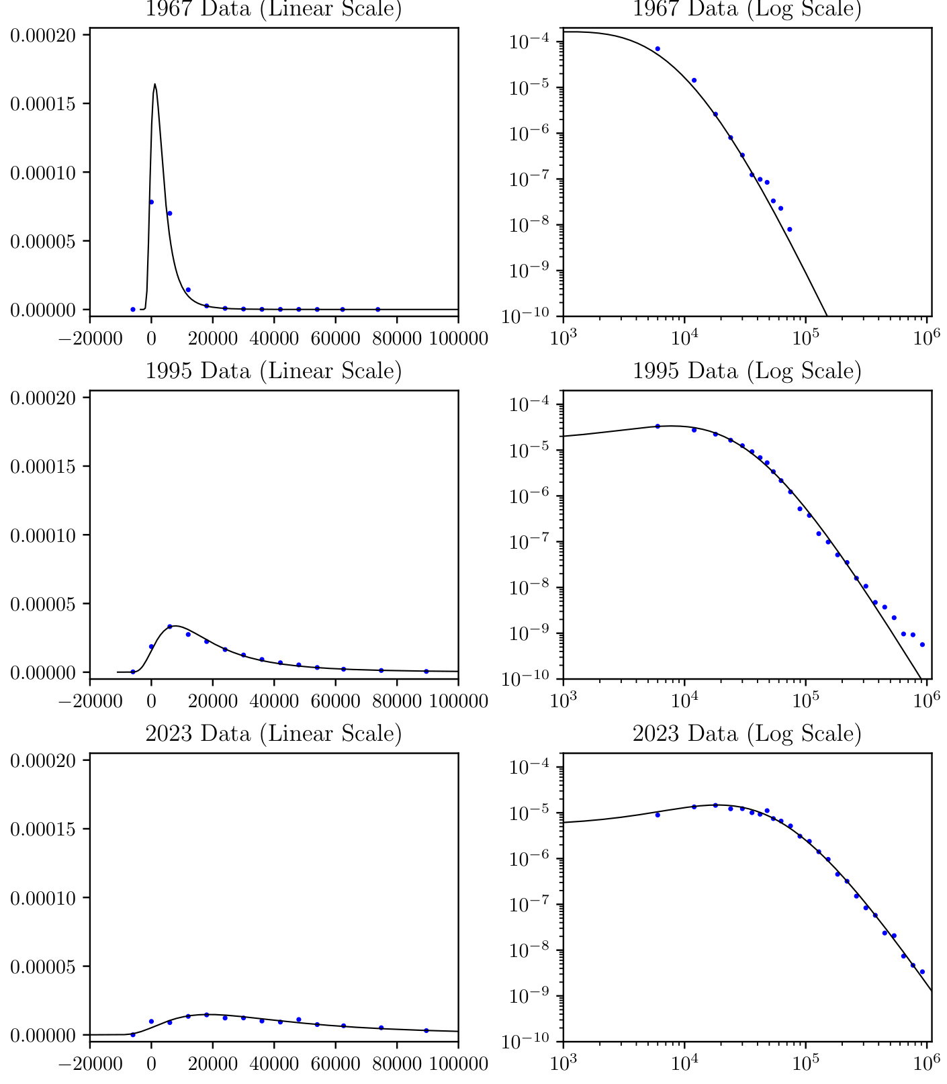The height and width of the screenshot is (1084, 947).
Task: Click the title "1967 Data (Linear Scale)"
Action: click(273, 9)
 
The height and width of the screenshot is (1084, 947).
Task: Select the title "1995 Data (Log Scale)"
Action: click(747, 371)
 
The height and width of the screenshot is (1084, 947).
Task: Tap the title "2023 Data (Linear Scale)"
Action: click(273, 733)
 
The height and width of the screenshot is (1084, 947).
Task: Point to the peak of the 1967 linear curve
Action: click(155, 85)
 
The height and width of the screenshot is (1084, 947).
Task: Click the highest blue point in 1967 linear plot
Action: click(151, 202)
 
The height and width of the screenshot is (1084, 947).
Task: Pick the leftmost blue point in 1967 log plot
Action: click(658, 49)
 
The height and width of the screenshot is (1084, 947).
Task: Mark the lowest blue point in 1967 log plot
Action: click(789, 229)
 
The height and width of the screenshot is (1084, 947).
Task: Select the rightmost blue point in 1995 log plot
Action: click(922, 645)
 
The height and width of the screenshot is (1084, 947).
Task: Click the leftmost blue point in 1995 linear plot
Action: click(133, 672)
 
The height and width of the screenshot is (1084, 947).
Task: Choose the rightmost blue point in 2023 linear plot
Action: click(426, 1030)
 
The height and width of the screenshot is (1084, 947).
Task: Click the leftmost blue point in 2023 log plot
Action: click(658, 815)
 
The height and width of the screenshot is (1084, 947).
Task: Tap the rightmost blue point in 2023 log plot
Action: click(922, 972)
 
